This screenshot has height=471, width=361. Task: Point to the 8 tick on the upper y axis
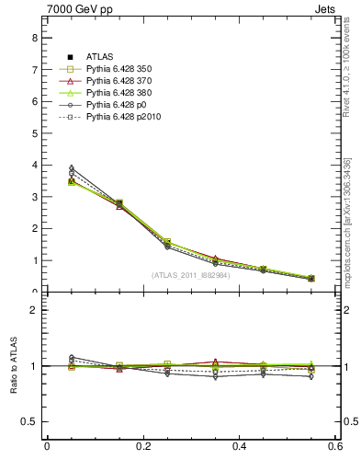tap(34, 38)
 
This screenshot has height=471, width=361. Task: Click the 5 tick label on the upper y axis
tap(34, 133)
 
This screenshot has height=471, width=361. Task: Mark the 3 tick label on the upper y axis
tap(34, 197)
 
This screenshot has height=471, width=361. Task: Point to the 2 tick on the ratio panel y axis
tap(34, 310)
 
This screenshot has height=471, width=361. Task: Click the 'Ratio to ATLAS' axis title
tap(13, 367)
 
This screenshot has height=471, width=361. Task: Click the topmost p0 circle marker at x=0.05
tap(72, 168)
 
